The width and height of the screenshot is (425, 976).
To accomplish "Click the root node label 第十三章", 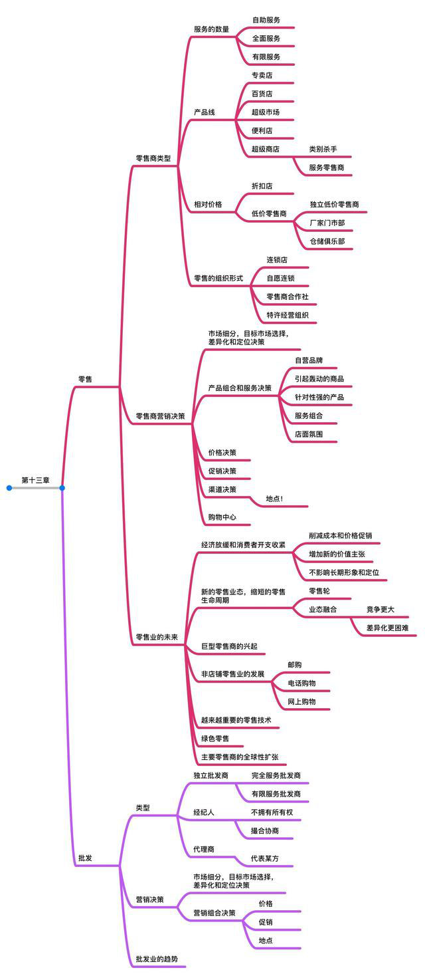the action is click(x=36, y=480).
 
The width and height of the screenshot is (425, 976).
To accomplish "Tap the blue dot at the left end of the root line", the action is click(x=9, y=488).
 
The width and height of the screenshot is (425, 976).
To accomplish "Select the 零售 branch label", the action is click(x=85, y=379).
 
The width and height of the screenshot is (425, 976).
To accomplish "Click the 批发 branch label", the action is click(x=85, y=858).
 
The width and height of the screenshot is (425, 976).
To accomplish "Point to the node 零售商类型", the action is click(x=153, y=159).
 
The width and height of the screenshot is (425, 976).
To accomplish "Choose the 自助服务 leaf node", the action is click(x=266, y=20).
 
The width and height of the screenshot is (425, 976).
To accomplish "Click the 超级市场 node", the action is click(x=266, y=112).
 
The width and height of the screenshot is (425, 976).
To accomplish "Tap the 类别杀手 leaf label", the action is click(x=323, y=149).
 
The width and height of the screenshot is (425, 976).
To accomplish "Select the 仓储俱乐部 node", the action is click(x=327, y=241).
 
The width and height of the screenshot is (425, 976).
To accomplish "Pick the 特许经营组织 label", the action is click(x=288, y=315).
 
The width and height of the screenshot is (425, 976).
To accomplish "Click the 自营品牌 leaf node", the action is click(x=309, y=360).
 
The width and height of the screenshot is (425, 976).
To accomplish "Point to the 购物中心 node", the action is click(x=222, y=517).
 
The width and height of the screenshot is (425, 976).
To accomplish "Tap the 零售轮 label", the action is click(x=319, y=591).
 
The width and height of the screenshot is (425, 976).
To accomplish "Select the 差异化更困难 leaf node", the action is click(x=388, y=628).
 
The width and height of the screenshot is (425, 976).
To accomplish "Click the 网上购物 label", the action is click(x=302, y=701).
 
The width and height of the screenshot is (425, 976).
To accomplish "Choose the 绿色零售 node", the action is click(x=215, y=739).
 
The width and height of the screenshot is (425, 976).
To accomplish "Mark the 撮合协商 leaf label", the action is click(x=265, y=830).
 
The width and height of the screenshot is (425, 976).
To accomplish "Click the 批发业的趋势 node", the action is click(x=157, y=959).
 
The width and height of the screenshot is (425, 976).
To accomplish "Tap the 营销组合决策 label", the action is click(x=214, y=913).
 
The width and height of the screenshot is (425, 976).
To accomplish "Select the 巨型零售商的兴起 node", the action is click(x=229, y=646).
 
